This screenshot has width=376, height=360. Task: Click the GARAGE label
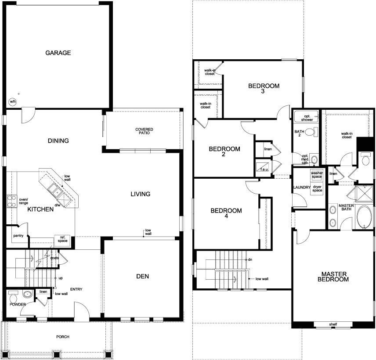tap(58, 53)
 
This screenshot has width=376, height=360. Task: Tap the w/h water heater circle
tap(12, 102)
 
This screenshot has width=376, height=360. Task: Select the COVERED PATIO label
tap(144, 131)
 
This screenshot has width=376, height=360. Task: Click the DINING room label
tap(58, 141)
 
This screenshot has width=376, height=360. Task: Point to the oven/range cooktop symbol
tap(11, 202)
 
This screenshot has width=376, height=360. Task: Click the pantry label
tap(18, 236)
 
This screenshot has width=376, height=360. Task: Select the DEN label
tap(143, 276)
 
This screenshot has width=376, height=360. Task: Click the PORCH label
tap(63, 337)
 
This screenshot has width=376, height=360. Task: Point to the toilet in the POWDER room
tap(13, 294)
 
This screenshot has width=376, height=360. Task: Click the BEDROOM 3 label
tap(264, 89)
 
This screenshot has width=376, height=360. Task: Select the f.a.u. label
tap(265, 169)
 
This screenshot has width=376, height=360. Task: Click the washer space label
tap(317, 175)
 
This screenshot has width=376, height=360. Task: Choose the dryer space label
tap(317, 189)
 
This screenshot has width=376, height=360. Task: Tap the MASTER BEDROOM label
tap(333, 276)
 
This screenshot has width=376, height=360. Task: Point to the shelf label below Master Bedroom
tap(333, 325)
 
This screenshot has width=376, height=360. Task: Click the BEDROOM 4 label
tap(226, 213)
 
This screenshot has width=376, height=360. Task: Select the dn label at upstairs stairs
tap(250, 260)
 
